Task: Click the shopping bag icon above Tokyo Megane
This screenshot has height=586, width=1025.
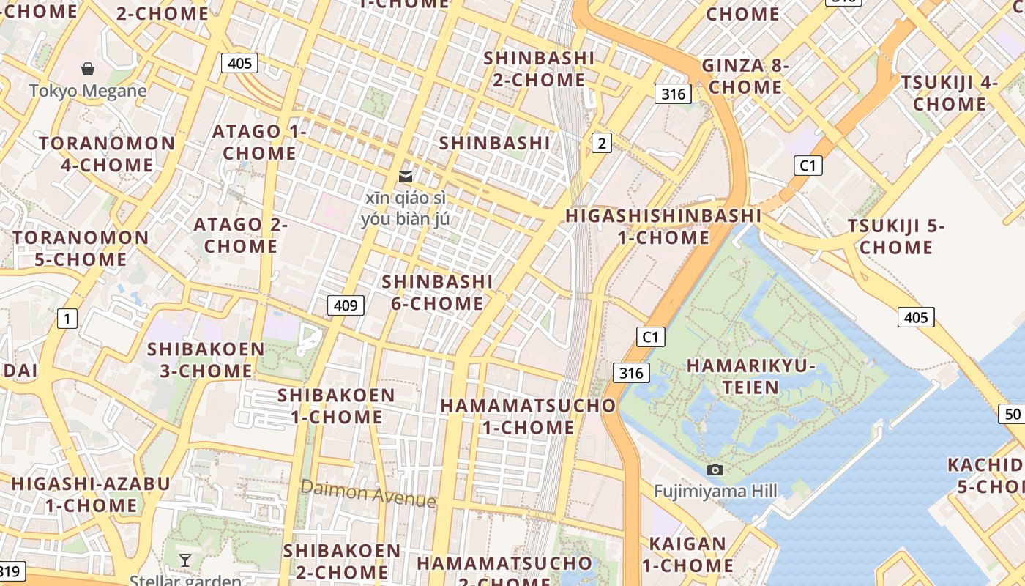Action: point(88,69)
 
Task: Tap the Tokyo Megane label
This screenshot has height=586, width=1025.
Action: point(88,91)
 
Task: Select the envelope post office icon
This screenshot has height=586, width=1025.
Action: point(405,176)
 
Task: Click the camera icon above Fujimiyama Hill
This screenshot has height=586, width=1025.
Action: point(715,470)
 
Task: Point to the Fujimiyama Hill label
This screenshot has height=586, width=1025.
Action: point(715,491)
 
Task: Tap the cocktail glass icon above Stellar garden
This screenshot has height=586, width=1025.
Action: point(185,560)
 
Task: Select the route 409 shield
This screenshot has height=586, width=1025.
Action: point(345,305)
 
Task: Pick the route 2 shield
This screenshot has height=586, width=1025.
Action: point(602,143)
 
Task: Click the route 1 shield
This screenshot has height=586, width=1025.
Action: point(67,318)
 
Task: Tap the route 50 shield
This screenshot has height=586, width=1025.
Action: point(1013,414)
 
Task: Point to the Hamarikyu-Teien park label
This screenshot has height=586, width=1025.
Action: point(751,376)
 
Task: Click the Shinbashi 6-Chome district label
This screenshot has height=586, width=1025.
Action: point(437,292)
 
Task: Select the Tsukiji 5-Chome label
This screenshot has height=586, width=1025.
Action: point(896,237)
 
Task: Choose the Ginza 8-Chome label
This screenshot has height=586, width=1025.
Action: point(745,76)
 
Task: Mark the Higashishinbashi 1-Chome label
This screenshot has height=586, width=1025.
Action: point(663,226)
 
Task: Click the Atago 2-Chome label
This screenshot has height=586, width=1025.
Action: point(240,235)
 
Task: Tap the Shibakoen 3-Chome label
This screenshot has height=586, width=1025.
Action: point(206,360)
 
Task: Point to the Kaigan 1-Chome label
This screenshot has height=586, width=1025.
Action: point(687,555)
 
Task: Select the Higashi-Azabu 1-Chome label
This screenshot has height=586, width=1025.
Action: point(91,494)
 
